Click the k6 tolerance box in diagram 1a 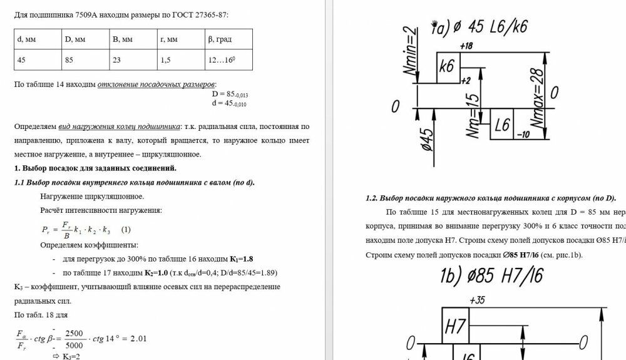[447, 67]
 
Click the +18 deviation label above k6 [466, 46]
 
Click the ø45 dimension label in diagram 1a [428, 140]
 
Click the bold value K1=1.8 [241, 259]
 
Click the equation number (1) [126, 229]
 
